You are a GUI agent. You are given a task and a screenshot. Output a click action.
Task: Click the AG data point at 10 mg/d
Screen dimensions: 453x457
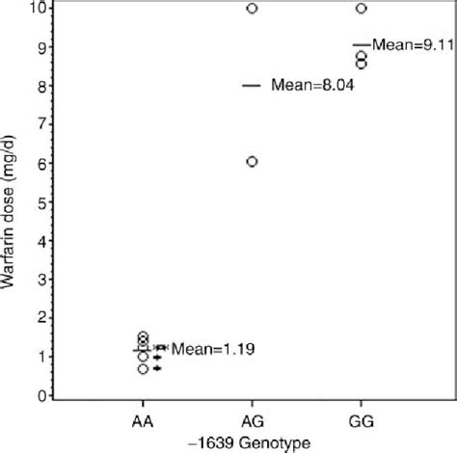coord(252,9)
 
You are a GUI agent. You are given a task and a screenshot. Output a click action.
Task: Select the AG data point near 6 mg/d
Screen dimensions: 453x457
coord(252,162)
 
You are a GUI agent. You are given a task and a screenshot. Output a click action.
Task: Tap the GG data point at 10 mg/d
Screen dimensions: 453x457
coord(361,9)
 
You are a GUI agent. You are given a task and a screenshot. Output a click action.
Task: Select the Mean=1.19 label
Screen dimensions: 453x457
coord(212,349)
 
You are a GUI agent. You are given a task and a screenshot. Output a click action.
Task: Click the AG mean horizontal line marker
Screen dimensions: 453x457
coord(252,85)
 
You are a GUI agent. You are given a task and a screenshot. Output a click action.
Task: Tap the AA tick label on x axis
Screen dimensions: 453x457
coord(143,421)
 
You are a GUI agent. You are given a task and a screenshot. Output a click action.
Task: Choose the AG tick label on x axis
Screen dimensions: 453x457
coord(252,421)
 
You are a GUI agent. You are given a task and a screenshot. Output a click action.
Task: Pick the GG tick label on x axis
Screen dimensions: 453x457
coord(361,421)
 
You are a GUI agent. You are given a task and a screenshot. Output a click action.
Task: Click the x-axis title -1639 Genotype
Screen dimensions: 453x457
coord(252,442)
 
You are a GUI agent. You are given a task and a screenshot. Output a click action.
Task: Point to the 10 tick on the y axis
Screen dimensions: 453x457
coord(38,9)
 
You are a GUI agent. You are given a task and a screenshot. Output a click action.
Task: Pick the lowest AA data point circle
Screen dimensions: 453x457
coord(143,369)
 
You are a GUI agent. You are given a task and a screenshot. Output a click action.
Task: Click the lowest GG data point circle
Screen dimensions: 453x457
coord(361,65)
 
